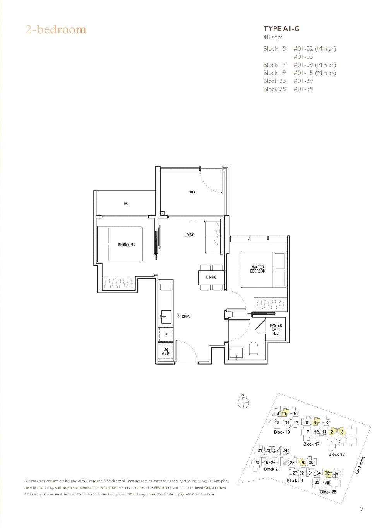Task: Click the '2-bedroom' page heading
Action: click(x=56, y=29)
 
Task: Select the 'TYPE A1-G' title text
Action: click(x=281, y=29)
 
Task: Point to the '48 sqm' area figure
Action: click(x=273, y=38)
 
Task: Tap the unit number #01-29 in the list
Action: click(x=303, y=81)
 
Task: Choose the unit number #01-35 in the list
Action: click(x=303, y=89)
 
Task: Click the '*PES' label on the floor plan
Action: click(x=192, y=193)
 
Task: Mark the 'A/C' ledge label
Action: click(x=126, y=204)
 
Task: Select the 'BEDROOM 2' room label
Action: click(x=127, y=245)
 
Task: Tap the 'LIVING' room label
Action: click(x=189, y=235)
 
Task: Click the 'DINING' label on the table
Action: click(x=211, y=277)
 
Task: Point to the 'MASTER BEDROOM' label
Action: click(x=258, y=269)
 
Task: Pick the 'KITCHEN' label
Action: click(x=184, y=317)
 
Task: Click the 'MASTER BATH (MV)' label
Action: click(x=276, y=329)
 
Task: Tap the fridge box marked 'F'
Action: click(x=166, y=334)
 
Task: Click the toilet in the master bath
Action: click(x=254, y=348)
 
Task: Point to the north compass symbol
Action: click(x=243, y=403)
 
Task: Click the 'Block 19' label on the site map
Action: click(x=282, y=432)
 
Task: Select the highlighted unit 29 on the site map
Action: click(x=303, y=463)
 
